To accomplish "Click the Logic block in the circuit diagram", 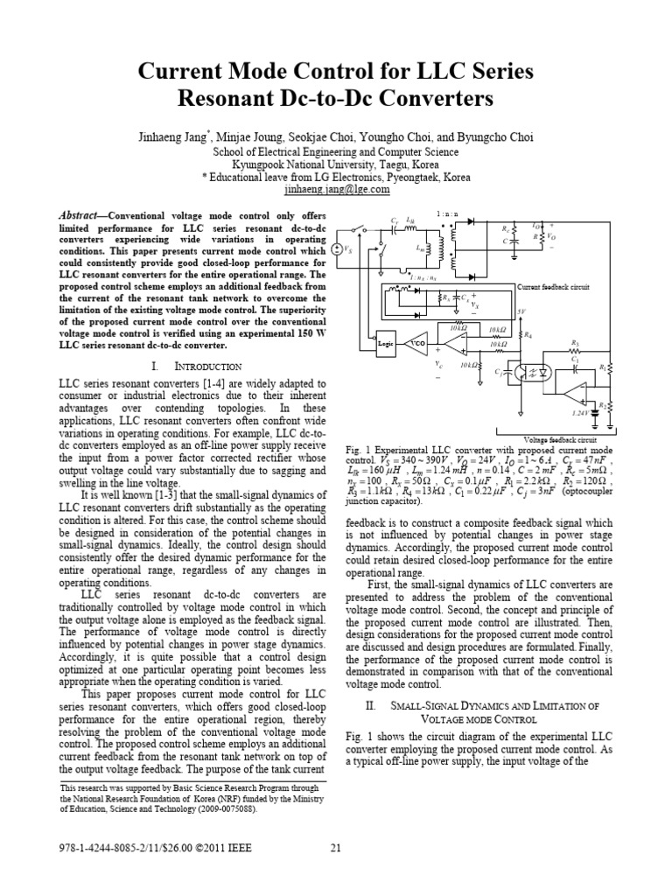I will [x=386, y=344].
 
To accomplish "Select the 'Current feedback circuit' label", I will [x=553, y=286].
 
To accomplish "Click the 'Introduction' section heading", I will [x=193, y=366].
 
